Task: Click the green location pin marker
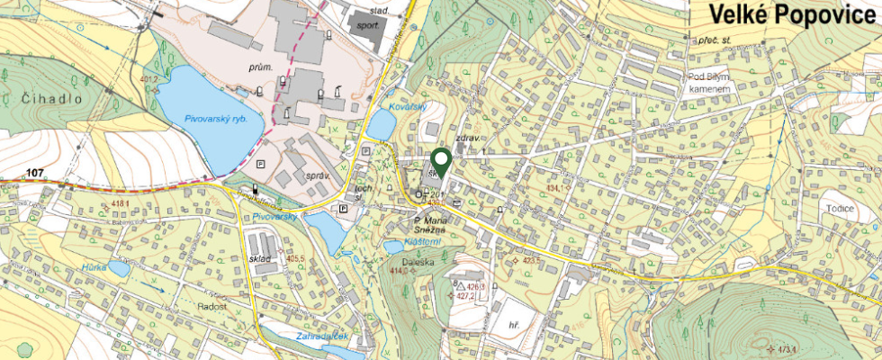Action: click(441, 159)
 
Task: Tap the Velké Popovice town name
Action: click(791, 16)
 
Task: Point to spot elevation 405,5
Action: click(295, 258)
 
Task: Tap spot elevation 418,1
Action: click(121, 204)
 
